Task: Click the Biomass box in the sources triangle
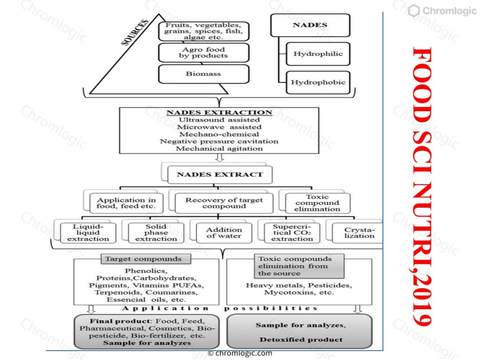click(x=203, y=74)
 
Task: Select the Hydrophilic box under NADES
click(x=318, y=54)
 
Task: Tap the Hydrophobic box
click(x=318, y=82)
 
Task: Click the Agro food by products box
click(x=203, y=52)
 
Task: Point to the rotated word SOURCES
click(x=135, y=32)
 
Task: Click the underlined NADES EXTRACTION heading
click(x=219, y=112)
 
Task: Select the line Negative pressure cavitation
click(x=219, y=142)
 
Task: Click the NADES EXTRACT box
click(x=220, y=174)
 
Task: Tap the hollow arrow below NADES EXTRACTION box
click(x=219, y=157)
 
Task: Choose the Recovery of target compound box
click(x=224, y=203)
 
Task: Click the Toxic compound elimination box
click(x=317, y=203)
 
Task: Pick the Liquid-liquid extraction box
click(x=88, y=233)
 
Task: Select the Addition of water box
click(x=224, y=233)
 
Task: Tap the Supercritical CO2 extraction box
click(x=292, y=233)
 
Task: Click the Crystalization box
click(x=358, y=233)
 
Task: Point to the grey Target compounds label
click(x=146, y=259)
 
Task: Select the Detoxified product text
click(x=301, y=339)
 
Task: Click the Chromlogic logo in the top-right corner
click(x=442, y=11)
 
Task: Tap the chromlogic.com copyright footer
click(x=240, y=353)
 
